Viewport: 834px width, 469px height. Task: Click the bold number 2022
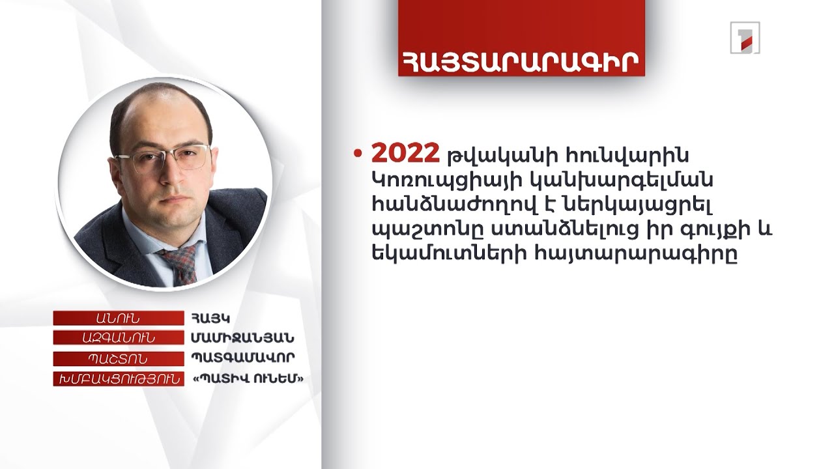point(405,155)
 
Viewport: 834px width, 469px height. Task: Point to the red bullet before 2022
point(357,155)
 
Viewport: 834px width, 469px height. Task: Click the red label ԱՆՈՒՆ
point(118,319)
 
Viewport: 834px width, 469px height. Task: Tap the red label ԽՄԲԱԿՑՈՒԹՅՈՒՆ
point(118,379)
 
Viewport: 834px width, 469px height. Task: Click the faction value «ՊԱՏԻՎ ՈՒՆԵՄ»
point(248,379)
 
